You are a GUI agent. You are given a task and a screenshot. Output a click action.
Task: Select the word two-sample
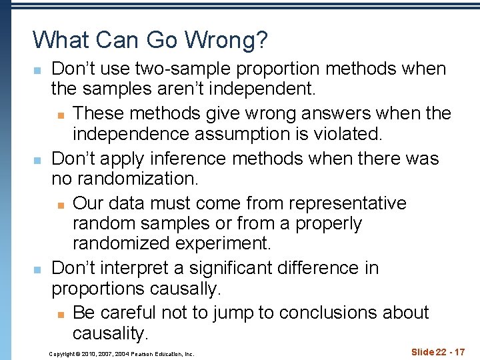(x=169, y=69)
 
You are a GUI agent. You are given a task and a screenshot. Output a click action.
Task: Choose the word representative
(x=349, y=203)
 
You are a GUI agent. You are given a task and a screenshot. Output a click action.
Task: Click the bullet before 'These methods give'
(x=60, y=115)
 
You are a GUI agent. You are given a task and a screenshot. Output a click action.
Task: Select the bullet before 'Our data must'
(x=60, y=204)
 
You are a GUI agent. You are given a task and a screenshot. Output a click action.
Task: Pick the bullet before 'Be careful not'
(x=60, y=313)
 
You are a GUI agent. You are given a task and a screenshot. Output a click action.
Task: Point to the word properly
(x=328, y=224)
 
